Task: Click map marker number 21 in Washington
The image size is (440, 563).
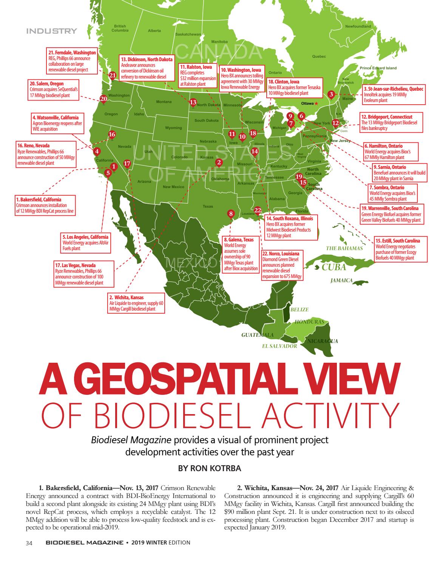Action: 112,76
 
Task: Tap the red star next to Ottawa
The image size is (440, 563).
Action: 316,103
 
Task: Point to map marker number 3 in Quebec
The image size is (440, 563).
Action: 331,94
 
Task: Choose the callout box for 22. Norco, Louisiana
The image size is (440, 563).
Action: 282,265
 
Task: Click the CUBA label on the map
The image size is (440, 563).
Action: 334,268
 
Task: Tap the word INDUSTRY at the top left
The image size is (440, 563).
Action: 51,31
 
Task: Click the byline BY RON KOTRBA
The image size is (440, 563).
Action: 209,468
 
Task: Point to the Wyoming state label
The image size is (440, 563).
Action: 173,128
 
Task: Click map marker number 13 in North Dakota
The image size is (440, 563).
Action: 193,102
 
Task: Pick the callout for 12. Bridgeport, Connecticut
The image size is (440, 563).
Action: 392,122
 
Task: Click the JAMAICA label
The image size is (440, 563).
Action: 341,280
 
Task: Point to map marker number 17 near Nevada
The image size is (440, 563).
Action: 127,163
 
